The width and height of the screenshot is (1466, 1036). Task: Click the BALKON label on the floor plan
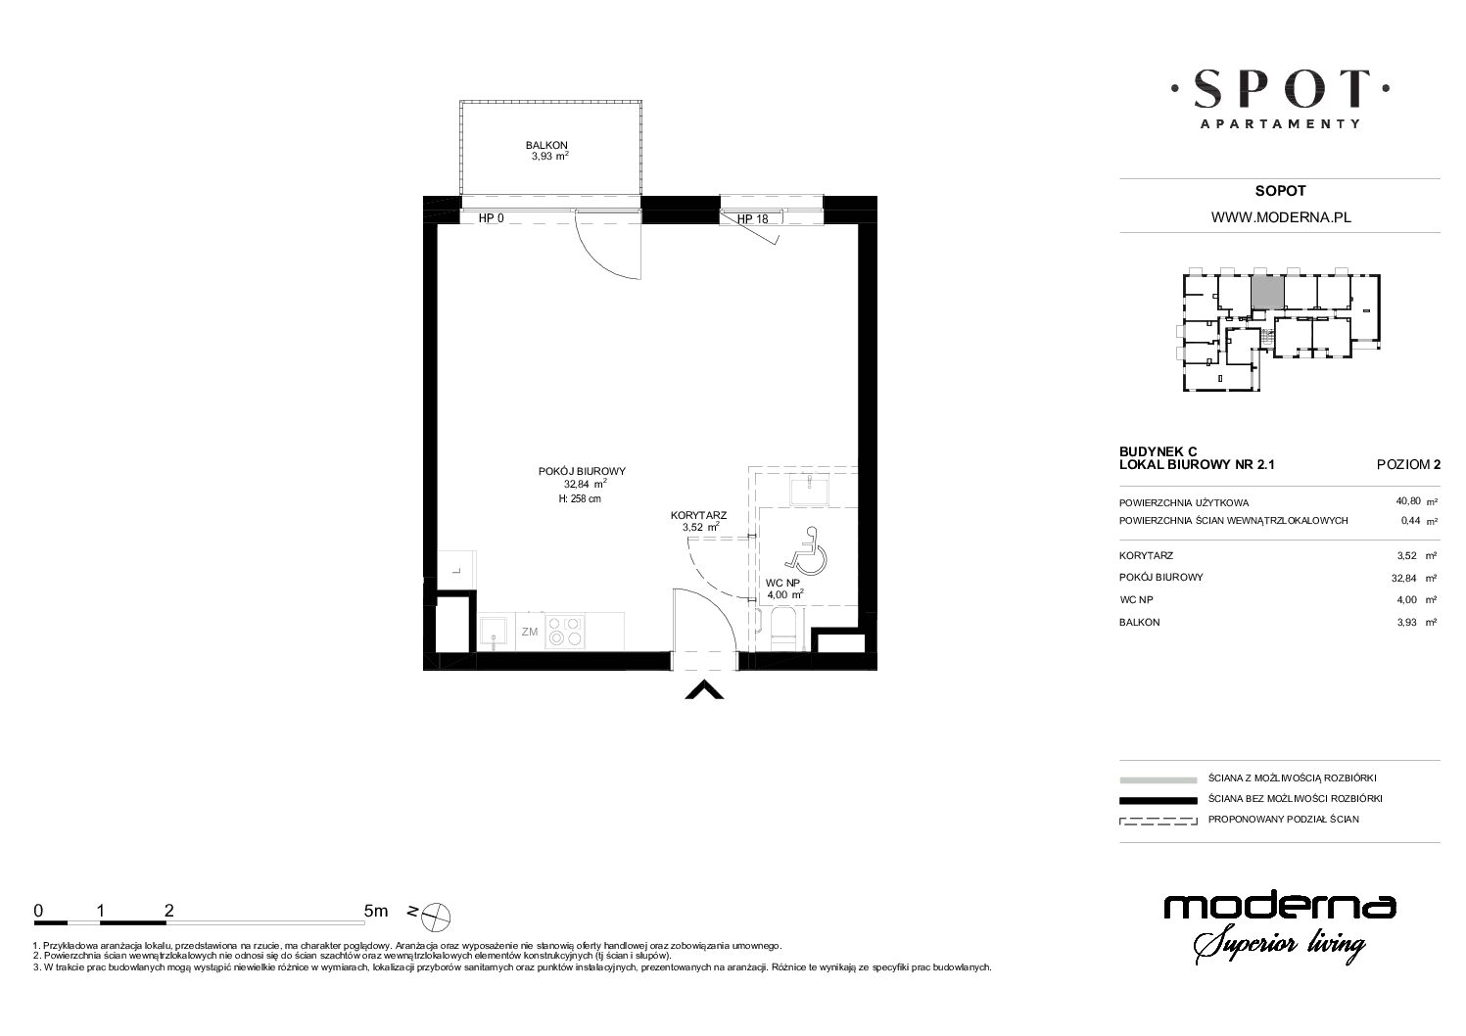tap(546, 145)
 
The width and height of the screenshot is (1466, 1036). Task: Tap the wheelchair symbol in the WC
tap(806, 549)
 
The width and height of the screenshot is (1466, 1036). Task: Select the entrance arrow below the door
tap(703, 690)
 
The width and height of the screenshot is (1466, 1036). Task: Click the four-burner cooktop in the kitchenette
tap(564, 632)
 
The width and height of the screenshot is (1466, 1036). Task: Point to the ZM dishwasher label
tap(530, 632)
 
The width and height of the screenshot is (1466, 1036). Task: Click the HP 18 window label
tap(753, 219)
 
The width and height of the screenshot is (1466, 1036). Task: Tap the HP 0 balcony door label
tap(491, 218)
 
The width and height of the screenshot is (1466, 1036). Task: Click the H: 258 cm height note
tap(579, 498)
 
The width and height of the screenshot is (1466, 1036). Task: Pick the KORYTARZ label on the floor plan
tap(698, 516)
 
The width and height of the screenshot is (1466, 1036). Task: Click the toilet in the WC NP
tap(782, 629)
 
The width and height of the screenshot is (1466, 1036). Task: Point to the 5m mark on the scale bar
tap(376, 911)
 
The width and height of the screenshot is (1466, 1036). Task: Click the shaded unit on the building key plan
tap(1267, 292)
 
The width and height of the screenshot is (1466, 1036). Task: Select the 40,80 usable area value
tap(1408, 501)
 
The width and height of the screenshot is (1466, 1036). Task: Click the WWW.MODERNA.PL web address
tap(1281, 218)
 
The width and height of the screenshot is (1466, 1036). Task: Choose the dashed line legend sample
tap(1158, 821)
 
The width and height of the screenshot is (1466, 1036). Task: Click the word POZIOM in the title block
tap(1403, 465)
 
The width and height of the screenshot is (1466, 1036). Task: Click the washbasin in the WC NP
tap(809, 492)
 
